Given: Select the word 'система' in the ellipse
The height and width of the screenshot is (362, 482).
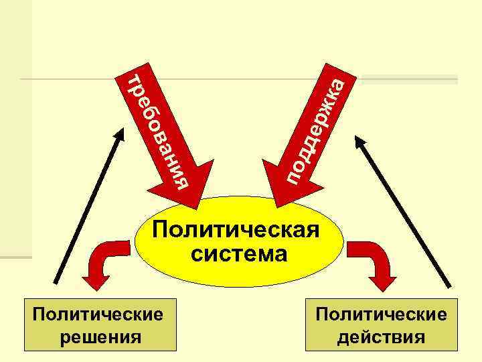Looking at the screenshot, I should [239, 253].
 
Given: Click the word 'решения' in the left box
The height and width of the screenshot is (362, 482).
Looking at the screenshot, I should [100, 336].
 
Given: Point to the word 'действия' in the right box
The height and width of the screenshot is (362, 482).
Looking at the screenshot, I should [381, 336].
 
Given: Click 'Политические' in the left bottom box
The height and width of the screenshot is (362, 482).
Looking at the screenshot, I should [99, 314].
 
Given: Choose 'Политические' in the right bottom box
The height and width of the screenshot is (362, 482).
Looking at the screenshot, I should [382, 314].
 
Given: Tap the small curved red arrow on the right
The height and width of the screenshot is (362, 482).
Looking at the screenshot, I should [380, 263].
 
